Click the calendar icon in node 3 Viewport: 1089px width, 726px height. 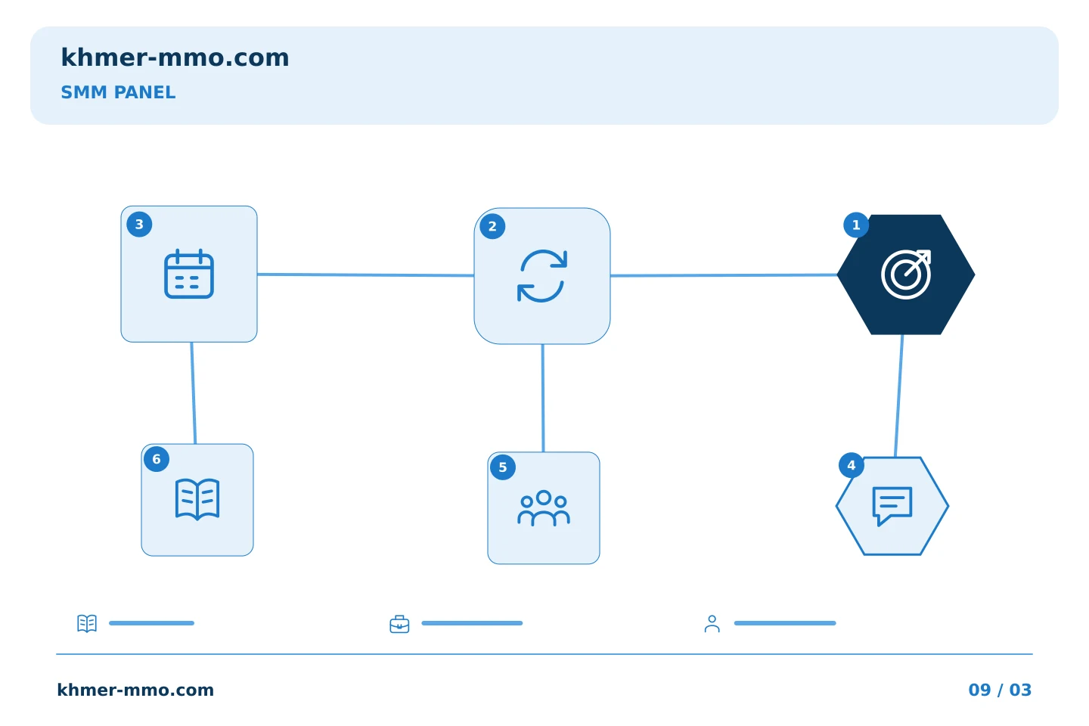pos(189,274)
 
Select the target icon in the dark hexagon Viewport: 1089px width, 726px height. pos(906,275)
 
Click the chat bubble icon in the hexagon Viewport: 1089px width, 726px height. pos(892,506)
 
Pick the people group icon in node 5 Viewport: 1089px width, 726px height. pos(544,508)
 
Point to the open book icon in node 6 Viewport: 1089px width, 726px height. pos(197,499)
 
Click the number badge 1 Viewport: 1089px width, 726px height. pos(856,225)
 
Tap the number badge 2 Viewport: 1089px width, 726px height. pos(492,227)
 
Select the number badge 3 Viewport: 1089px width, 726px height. pos(139,225)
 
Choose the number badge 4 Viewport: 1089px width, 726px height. pos(852,465)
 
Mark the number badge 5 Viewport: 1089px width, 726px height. pos(503,467)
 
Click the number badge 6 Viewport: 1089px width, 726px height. pos(157,459)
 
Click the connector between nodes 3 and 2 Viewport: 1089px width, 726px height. pos(365,275)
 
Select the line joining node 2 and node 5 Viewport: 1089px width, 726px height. pos(543,399)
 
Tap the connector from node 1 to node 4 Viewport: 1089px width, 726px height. pos(899,396)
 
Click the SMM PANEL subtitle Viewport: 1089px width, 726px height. pos(118,92)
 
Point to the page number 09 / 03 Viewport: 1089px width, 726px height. pos(1000,690)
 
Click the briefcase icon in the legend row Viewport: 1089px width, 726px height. pos(399,624)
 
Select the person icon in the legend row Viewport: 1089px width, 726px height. pos(712,624)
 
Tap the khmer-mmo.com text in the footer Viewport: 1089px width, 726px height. pos(135,690)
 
